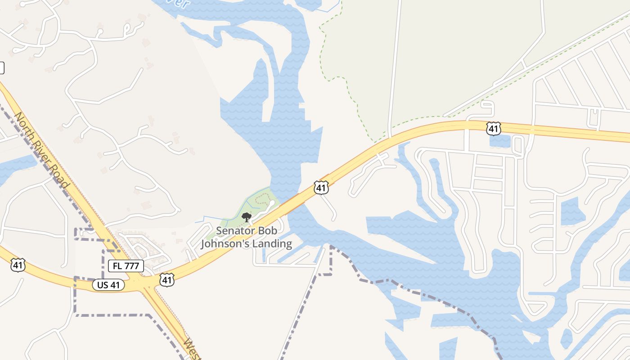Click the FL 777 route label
coord(126,266)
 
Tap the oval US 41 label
coord(108,285)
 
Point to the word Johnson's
coord(224,244)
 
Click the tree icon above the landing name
coord(246,218)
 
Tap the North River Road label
coord(42,150)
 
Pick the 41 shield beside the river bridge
coord(321,187)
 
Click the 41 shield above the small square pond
coord(494,129)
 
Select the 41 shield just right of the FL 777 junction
coord(166,280)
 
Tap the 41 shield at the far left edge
coord(18,265)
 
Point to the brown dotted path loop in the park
coord(263,199)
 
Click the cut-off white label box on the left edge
coord(2,68)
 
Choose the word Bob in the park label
coord(267,231)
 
